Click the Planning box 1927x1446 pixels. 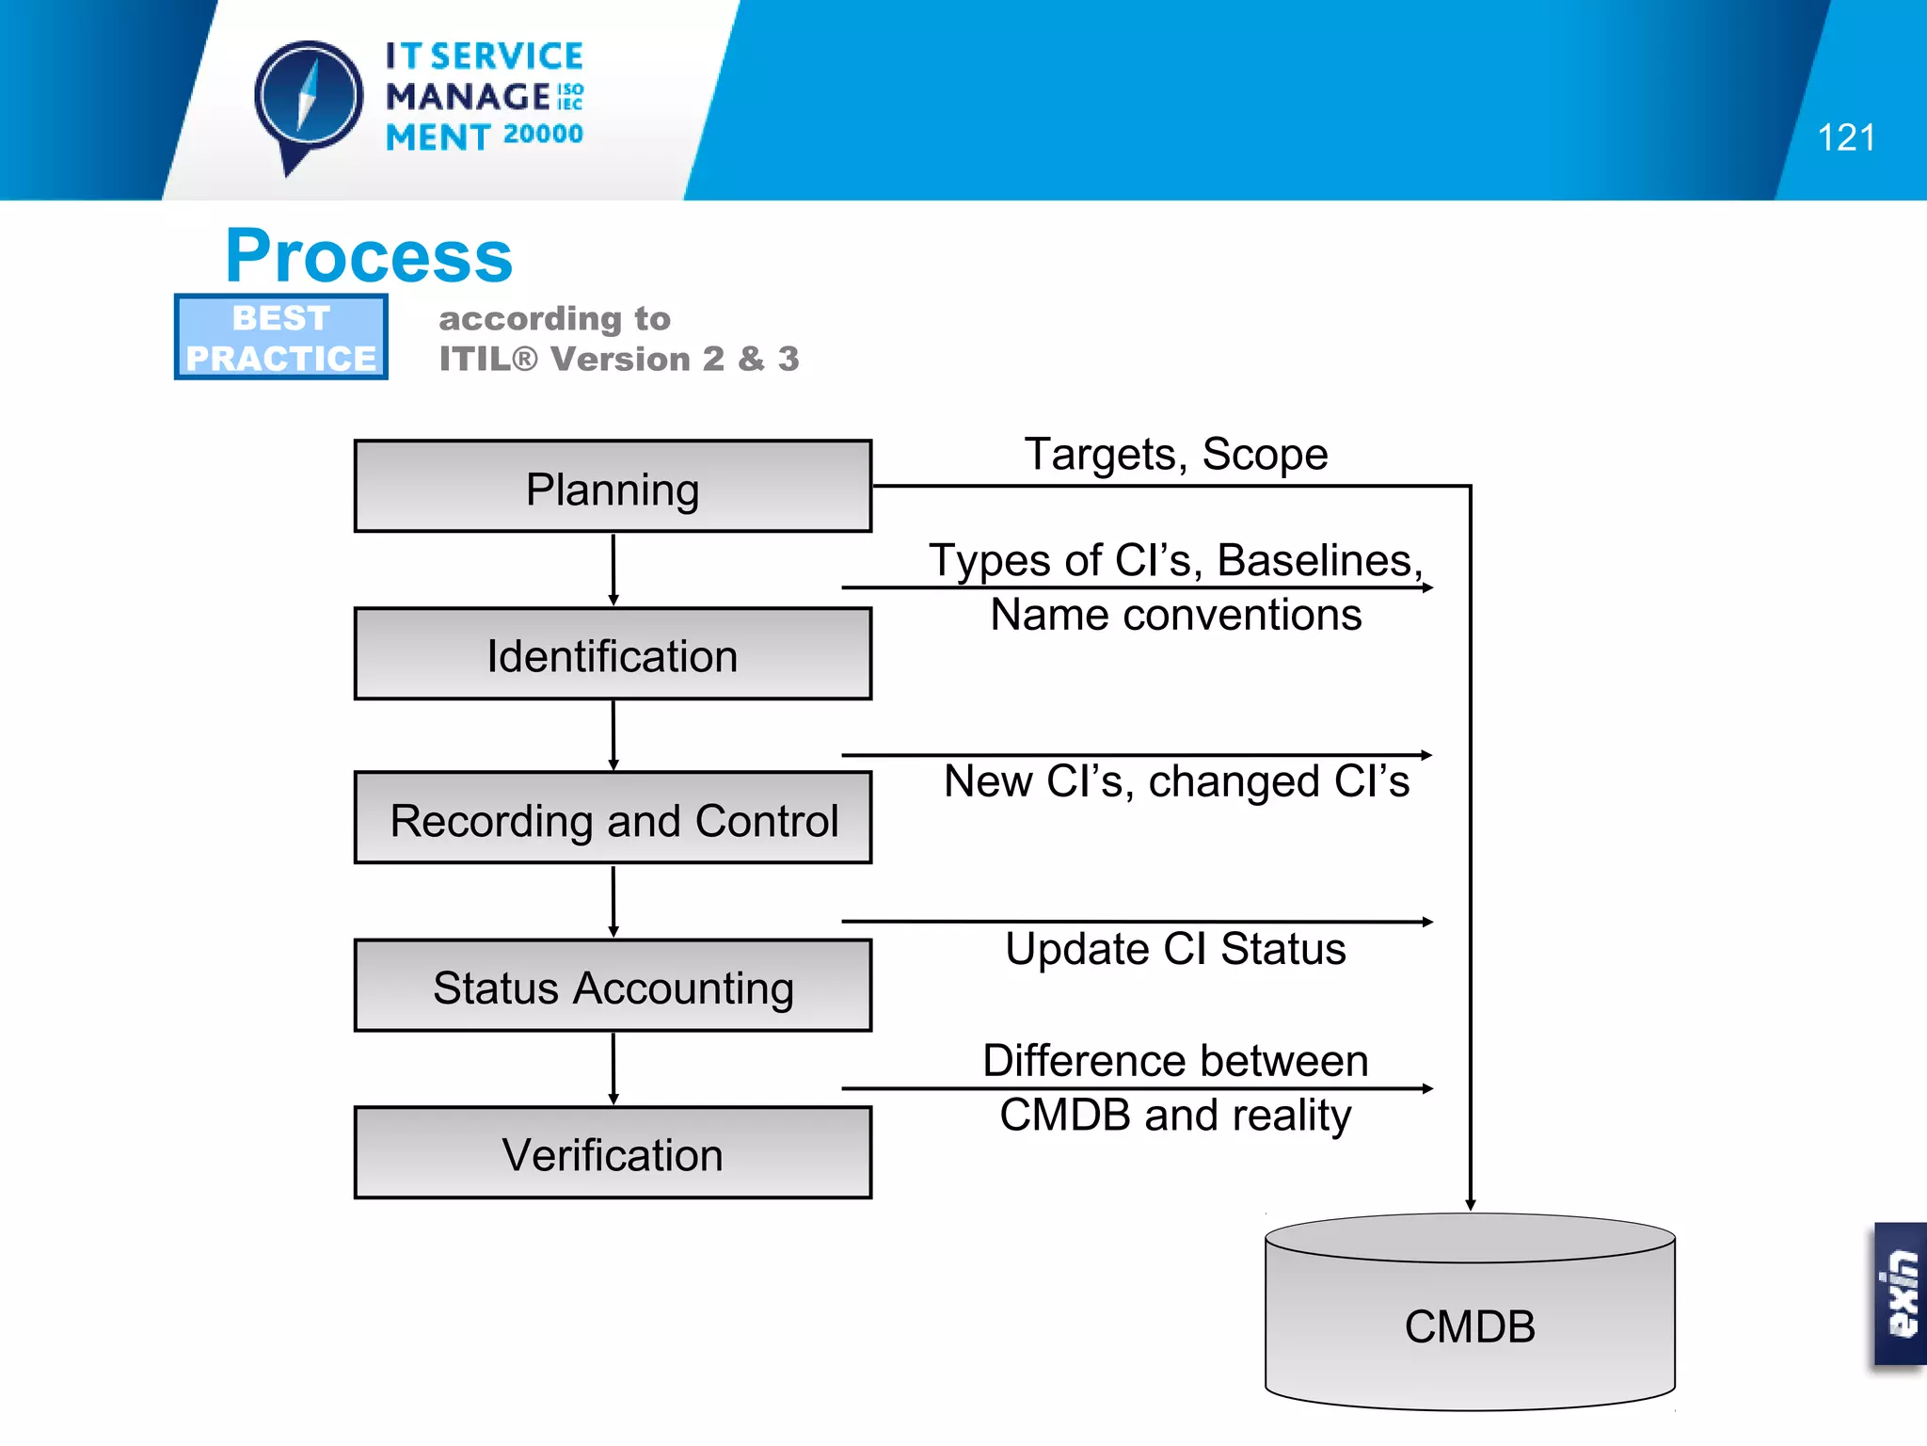tap(613, 487)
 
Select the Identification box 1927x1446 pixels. tap(613, 654)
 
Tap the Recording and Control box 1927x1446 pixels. tap(613, 818)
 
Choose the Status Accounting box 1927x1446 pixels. tap(613, 986)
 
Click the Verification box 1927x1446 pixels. tap(613, 1152)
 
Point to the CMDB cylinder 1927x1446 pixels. tap(1470, 1318)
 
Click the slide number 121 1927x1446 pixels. tap(1845, 138)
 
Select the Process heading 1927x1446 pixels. tap(369, 256)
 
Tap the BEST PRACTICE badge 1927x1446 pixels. tap(280, 337)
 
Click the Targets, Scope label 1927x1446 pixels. tap(1175, 455)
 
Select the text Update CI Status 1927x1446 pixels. tap(1175, 949)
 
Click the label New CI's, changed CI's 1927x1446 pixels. tap(1175, 781)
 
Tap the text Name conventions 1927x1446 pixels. tap(1175, 616)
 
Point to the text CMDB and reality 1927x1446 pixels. tap(1175, 1116)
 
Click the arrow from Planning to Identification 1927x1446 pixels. tap(613, 570)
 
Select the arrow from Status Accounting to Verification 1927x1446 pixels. tap(613, 1068)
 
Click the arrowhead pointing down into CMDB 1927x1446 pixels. tap(1470, 1204)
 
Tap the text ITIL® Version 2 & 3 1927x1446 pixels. tap(618, 359)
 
